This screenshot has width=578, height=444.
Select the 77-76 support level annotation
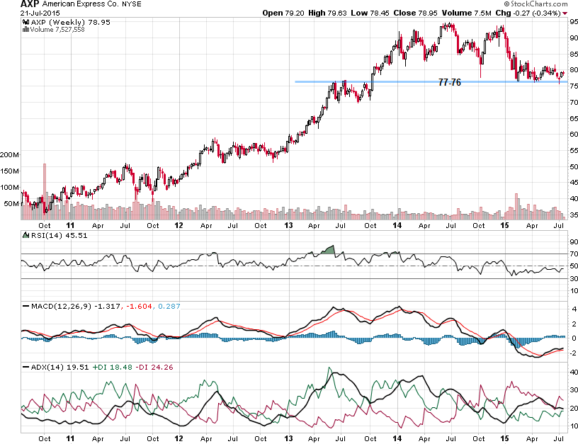[x=449, y=83]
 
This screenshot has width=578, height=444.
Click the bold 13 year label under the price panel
[x=289, y=225]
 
